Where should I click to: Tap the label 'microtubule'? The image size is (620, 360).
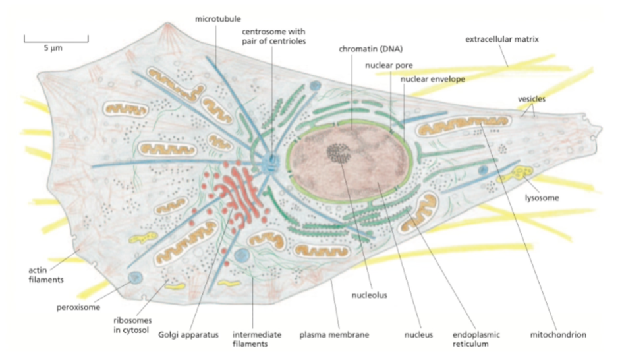tap(215, 19)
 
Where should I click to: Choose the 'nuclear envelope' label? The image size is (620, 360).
tap(433, 79)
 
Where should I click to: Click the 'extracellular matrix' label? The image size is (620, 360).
tap(502, 40)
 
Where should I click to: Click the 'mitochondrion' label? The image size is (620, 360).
tap(558, 334)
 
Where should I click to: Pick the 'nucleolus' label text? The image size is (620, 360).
tap(370, 295)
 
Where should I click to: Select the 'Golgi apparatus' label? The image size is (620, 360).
tap(188, 334)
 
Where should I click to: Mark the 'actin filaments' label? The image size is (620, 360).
tap(45, 274)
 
